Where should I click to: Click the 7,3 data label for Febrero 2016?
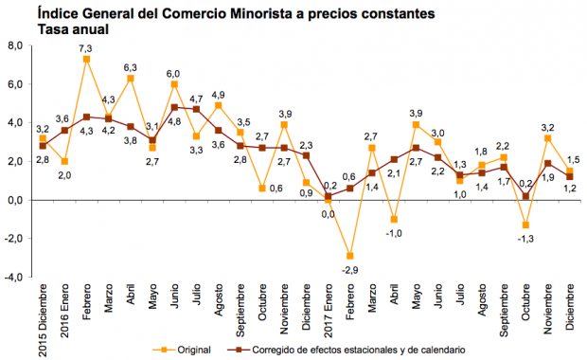point(85,48)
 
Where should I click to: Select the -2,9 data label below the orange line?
point(350,271)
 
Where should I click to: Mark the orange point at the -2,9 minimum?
point(349,256)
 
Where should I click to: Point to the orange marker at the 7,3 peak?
point(86,59)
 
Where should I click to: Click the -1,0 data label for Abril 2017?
point(394,233)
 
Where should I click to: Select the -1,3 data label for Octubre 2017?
point(525,239)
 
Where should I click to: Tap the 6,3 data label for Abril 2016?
point(132,67)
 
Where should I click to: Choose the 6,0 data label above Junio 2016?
point(175,73)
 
